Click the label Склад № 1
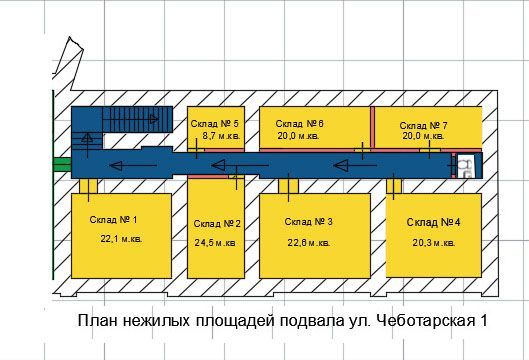tap(113, 220)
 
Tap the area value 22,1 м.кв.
tap(121, 239)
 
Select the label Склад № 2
tap(217, 224)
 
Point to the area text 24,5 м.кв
tap(215, 243)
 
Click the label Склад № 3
tap(308, 222)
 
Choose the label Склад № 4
tap(434, 222)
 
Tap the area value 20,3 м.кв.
tap(434, 243)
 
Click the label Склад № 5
tap(215, 123)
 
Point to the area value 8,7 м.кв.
tap(221, 136)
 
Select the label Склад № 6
tap(300, 124)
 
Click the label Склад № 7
tap(423, 126)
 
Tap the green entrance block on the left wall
tap(62, 165)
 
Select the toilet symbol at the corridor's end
tap(467, 165)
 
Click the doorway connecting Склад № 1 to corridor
tap(88, 186)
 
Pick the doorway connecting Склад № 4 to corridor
tap(394, 186)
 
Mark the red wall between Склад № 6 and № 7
tap(372, 127)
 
